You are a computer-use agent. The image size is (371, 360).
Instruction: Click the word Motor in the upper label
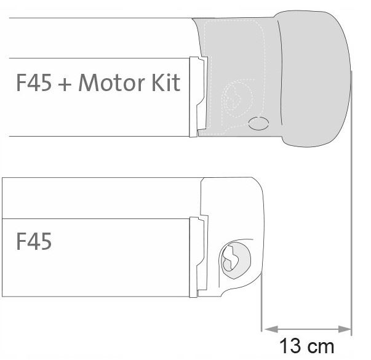point(111,82)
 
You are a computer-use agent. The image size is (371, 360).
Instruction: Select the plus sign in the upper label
point(65,84)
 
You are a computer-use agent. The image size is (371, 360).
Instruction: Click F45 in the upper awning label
point(34,82)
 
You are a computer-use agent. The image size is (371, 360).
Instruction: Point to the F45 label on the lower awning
point(34,241)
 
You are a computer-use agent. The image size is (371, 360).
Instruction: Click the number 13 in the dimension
point(290,346)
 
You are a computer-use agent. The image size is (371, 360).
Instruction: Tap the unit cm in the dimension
point(320,348)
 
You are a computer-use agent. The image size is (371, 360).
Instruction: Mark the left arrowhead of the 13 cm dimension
point(271,329)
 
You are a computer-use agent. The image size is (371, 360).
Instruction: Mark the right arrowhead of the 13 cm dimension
point(345,329)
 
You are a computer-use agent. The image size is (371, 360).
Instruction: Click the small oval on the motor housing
point(258,123)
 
